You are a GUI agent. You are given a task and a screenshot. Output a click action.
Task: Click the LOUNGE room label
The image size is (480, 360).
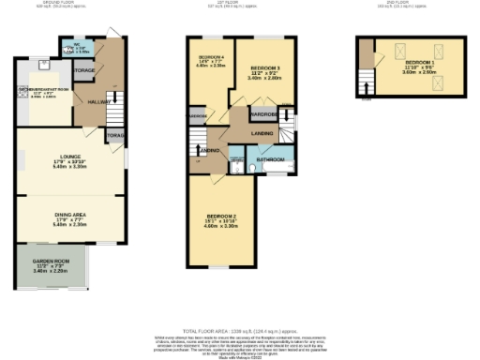(70, 157)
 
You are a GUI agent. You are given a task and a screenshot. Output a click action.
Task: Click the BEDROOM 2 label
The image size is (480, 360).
(221, 217)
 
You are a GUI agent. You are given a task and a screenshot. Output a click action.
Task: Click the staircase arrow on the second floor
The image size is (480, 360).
(366, 89)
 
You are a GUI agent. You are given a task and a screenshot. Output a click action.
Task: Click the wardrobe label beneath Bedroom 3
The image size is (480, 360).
(262, 115)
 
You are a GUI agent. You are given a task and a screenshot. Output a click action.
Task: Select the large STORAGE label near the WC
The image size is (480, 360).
(84, 70)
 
